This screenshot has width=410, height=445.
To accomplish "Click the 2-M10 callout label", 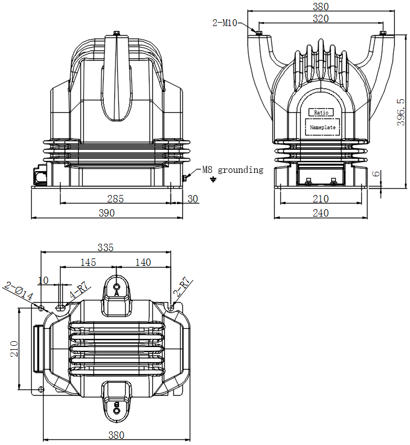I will [x=224, y=23].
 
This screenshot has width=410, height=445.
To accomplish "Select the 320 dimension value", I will [x=321, y=18].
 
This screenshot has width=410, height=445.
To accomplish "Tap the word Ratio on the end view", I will [x=321, y=113].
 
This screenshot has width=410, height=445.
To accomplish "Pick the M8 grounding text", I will [x=233, y=169].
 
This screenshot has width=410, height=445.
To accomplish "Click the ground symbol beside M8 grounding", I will [x=213, y=180].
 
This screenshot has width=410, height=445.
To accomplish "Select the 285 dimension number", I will [x=116, y=198].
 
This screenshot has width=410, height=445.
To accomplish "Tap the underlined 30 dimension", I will [x=193, y=198].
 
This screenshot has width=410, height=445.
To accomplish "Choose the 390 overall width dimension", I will [x=107, y=213].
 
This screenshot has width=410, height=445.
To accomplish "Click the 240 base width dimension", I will [x=321, y=213].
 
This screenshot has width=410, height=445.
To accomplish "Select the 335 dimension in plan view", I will [x=105, y=247].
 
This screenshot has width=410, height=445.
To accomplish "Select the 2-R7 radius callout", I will [x=183, y=287].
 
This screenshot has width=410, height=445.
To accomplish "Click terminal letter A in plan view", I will [x=117, y=293].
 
